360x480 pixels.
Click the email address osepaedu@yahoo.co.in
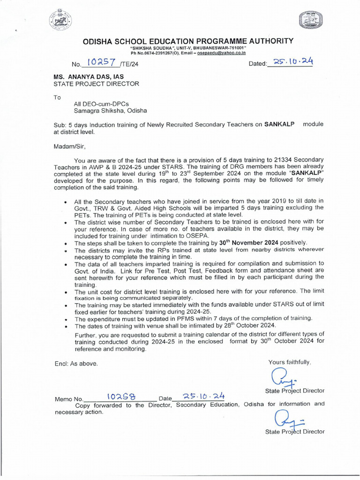[222, 54]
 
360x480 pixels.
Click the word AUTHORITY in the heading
[267, 41]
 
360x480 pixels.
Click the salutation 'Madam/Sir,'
[69, 146]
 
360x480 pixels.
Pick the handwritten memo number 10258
[121, 397]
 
